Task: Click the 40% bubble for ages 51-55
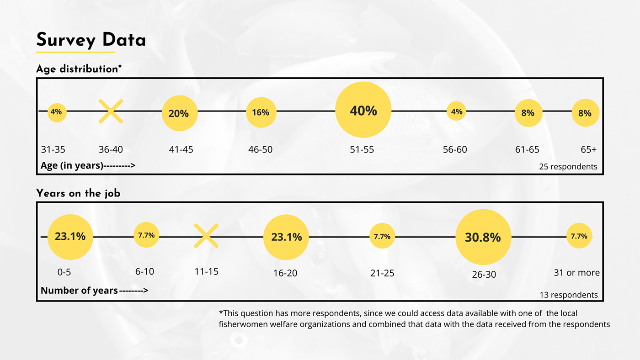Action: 363,110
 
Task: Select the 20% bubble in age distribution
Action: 179,113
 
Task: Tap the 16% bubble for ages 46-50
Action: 261,112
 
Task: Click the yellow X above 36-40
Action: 111,111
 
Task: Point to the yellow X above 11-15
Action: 206,236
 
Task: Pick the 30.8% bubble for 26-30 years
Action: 483,238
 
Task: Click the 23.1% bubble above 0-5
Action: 70,237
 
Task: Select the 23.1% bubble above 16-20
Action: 286,237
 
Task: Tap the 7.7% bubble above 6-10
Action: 146,236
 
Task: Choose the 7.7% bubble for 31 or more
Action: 579,236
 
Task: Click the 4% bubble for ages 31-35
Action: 57,111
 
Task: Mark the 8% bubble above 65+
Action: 585,113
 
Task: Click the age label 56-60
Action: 455,149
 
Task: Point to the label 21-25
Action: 382,273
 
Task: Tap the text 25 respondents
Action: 568,166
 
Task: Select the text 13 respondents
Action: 569,295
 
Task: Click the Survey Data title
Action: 91,40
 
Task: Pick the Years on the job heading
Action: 78,193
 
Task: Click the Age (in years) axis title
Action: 72,165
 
